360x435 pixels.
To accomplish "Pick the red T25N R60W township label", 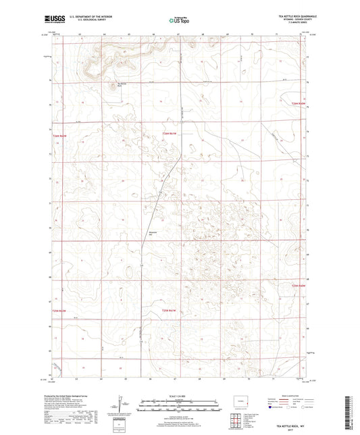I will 299,286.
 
